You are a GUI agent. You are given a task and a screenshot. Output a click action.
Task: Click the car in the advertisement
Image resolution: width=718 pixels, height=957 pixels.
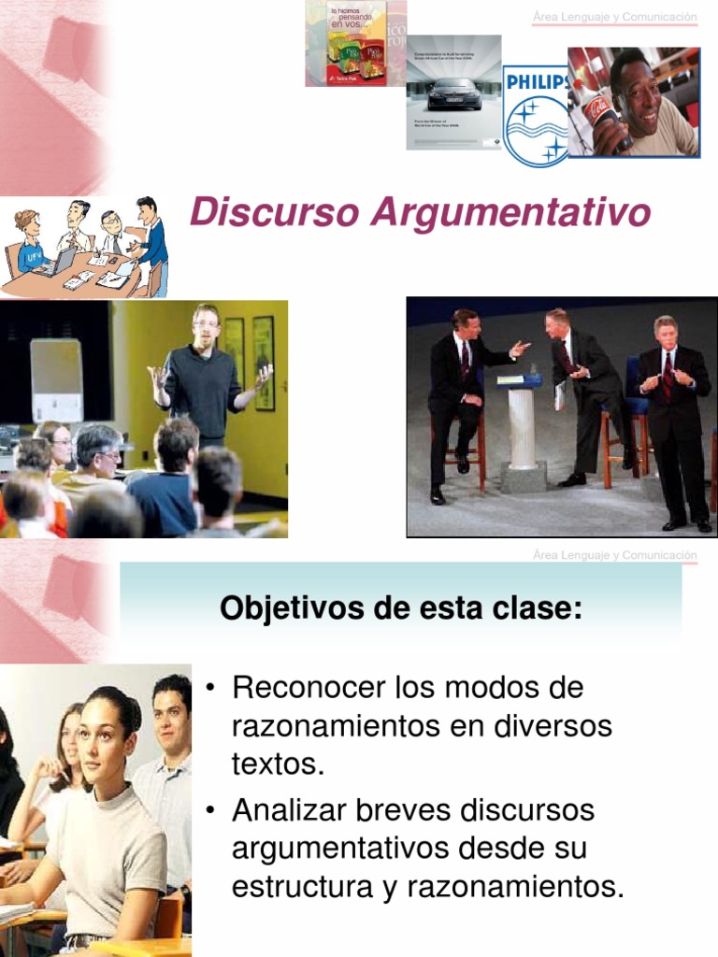[453, 94]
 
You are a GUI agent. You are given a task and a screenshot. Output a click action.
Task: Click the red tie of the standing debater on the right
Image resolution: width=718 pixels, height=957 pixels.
[668, 373]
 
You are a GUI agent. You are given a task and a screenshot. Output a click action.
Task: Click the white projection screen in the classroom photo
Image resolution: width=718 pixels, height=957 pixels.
[56, 379]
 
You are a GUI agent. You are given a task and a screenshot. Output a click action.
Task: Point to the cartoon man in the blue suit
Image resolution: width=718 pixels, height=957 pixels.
[151, 243]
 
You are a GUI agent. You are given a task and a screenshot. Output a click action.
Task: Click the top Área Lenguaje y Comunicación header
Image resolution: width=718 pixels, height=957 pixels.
[614, 17]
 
